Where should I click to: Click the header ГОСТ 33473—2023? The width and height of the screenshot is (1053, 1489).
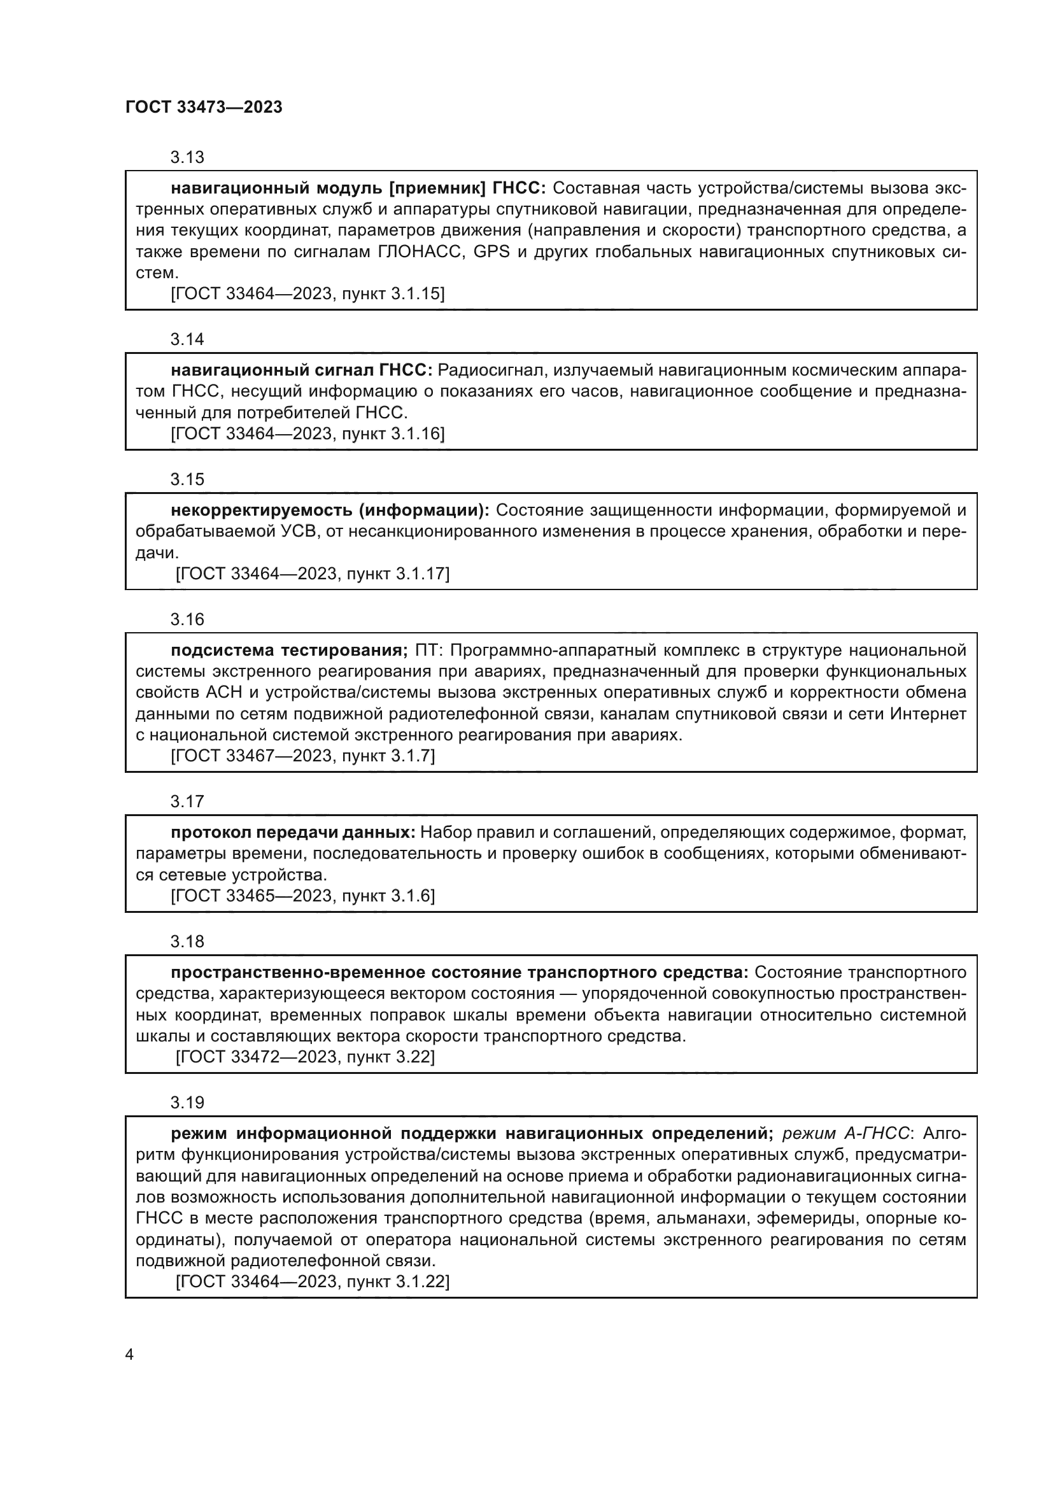(x=204, y=108)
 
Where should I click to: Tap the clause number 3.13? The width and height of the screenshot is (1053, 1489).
(x=187, y=158)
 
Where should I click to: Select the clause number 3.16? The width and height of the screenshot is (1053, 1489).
(x=187, y=619)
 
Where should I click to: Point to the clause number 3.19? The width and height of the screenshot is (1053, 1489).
(x=187, y=1103)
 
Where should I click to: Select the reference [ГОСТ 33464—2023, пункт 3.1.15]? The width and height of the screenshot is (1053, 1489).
(x=307, y=293)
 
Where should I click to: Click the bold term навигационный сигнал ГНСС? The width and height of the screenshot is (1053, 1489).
(x=301, y=370)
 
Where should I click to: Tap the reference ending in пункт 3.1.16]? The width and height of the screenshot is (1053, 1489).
(x=307, y=434)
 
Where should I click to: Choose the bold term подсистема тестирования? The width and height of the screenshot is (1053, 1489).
(x=289, y=651)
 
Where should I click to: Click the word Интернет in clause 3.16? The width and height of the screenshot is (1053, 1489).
(x=928, y=714)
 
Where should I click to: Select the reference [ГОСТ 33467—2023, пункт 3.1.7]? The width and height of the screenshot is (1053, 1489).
(x=302, y=756)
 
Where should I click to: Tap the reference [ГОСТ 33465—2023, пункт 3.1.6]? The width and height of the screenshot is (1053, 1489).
(x=302, y=896)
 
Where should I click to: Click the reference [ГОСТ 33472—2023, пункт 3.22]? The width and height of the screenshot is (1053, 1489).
(x=305, y=1057)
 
